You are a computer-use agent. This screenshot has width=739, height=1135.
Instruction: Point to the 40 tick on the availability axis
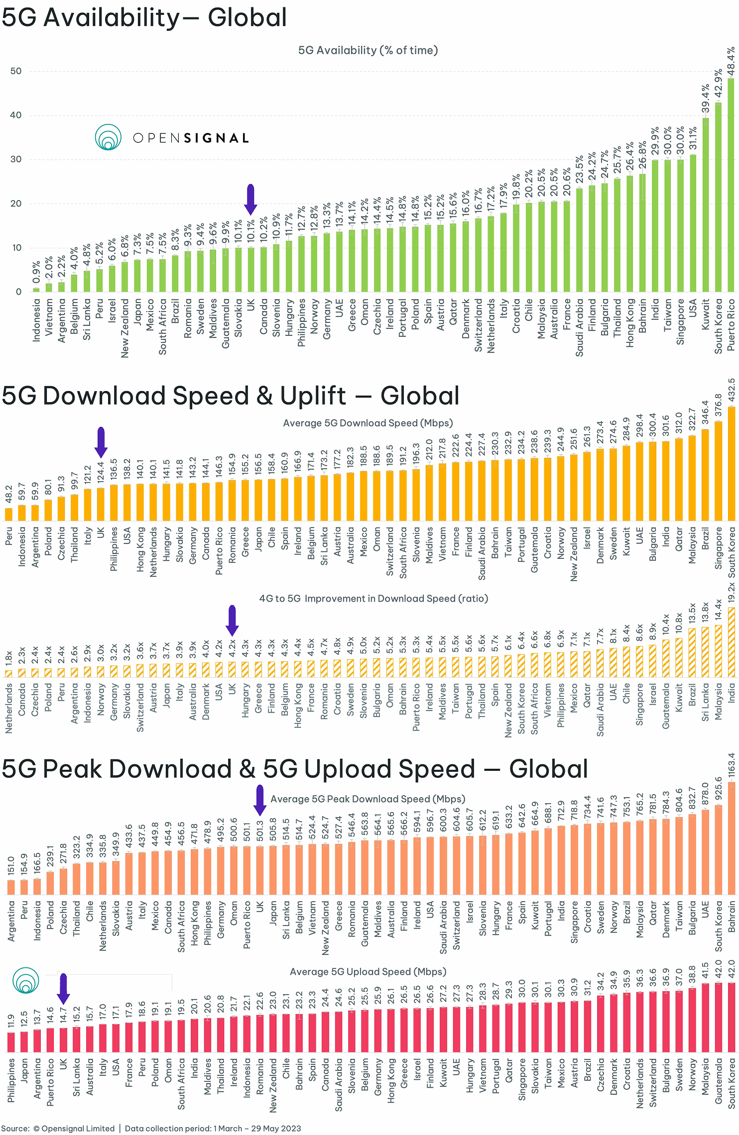pyautogui.click(x=16, y=115)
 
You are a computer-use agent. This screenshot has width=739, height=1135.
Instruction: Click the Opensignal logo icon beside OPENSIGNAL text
pyautogui.click(x=108, y=137)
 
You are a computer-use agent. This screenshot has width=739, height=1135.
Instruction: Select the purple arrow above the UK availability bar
pyautogui.click(x=250, y=199)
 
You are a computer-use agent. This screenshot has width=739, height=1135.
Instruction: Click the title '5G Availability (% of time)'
pyautogui.click(x=368, y=50)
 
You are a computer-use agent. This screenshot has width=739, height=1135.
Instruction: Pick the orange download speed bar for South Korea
pyautogui.click(x=731, y=463)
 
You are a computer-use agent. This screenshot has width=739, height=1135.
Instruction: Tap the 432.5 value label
pyautogui.click(x=731, y=391)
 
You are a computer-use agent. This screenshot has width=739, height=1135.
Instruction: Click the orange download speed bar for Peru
pyautogui.click(x=8, y=514)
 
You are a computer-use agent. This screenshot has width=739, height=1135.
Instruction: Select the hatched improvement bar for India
pyautogui.click(x=731, y=642)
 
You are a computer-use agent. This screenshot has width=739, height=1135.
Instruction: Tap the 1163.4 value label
pyautogui.click(x=731, y=765)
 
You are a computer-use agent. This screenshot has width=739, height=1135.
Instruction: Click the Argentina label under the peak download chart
pyautogui.click(x=11, y=921)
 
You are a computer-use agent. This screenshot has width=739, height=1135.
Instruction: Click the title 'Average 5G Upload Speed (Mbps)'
pyautogui.click(x=368, y=972)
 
